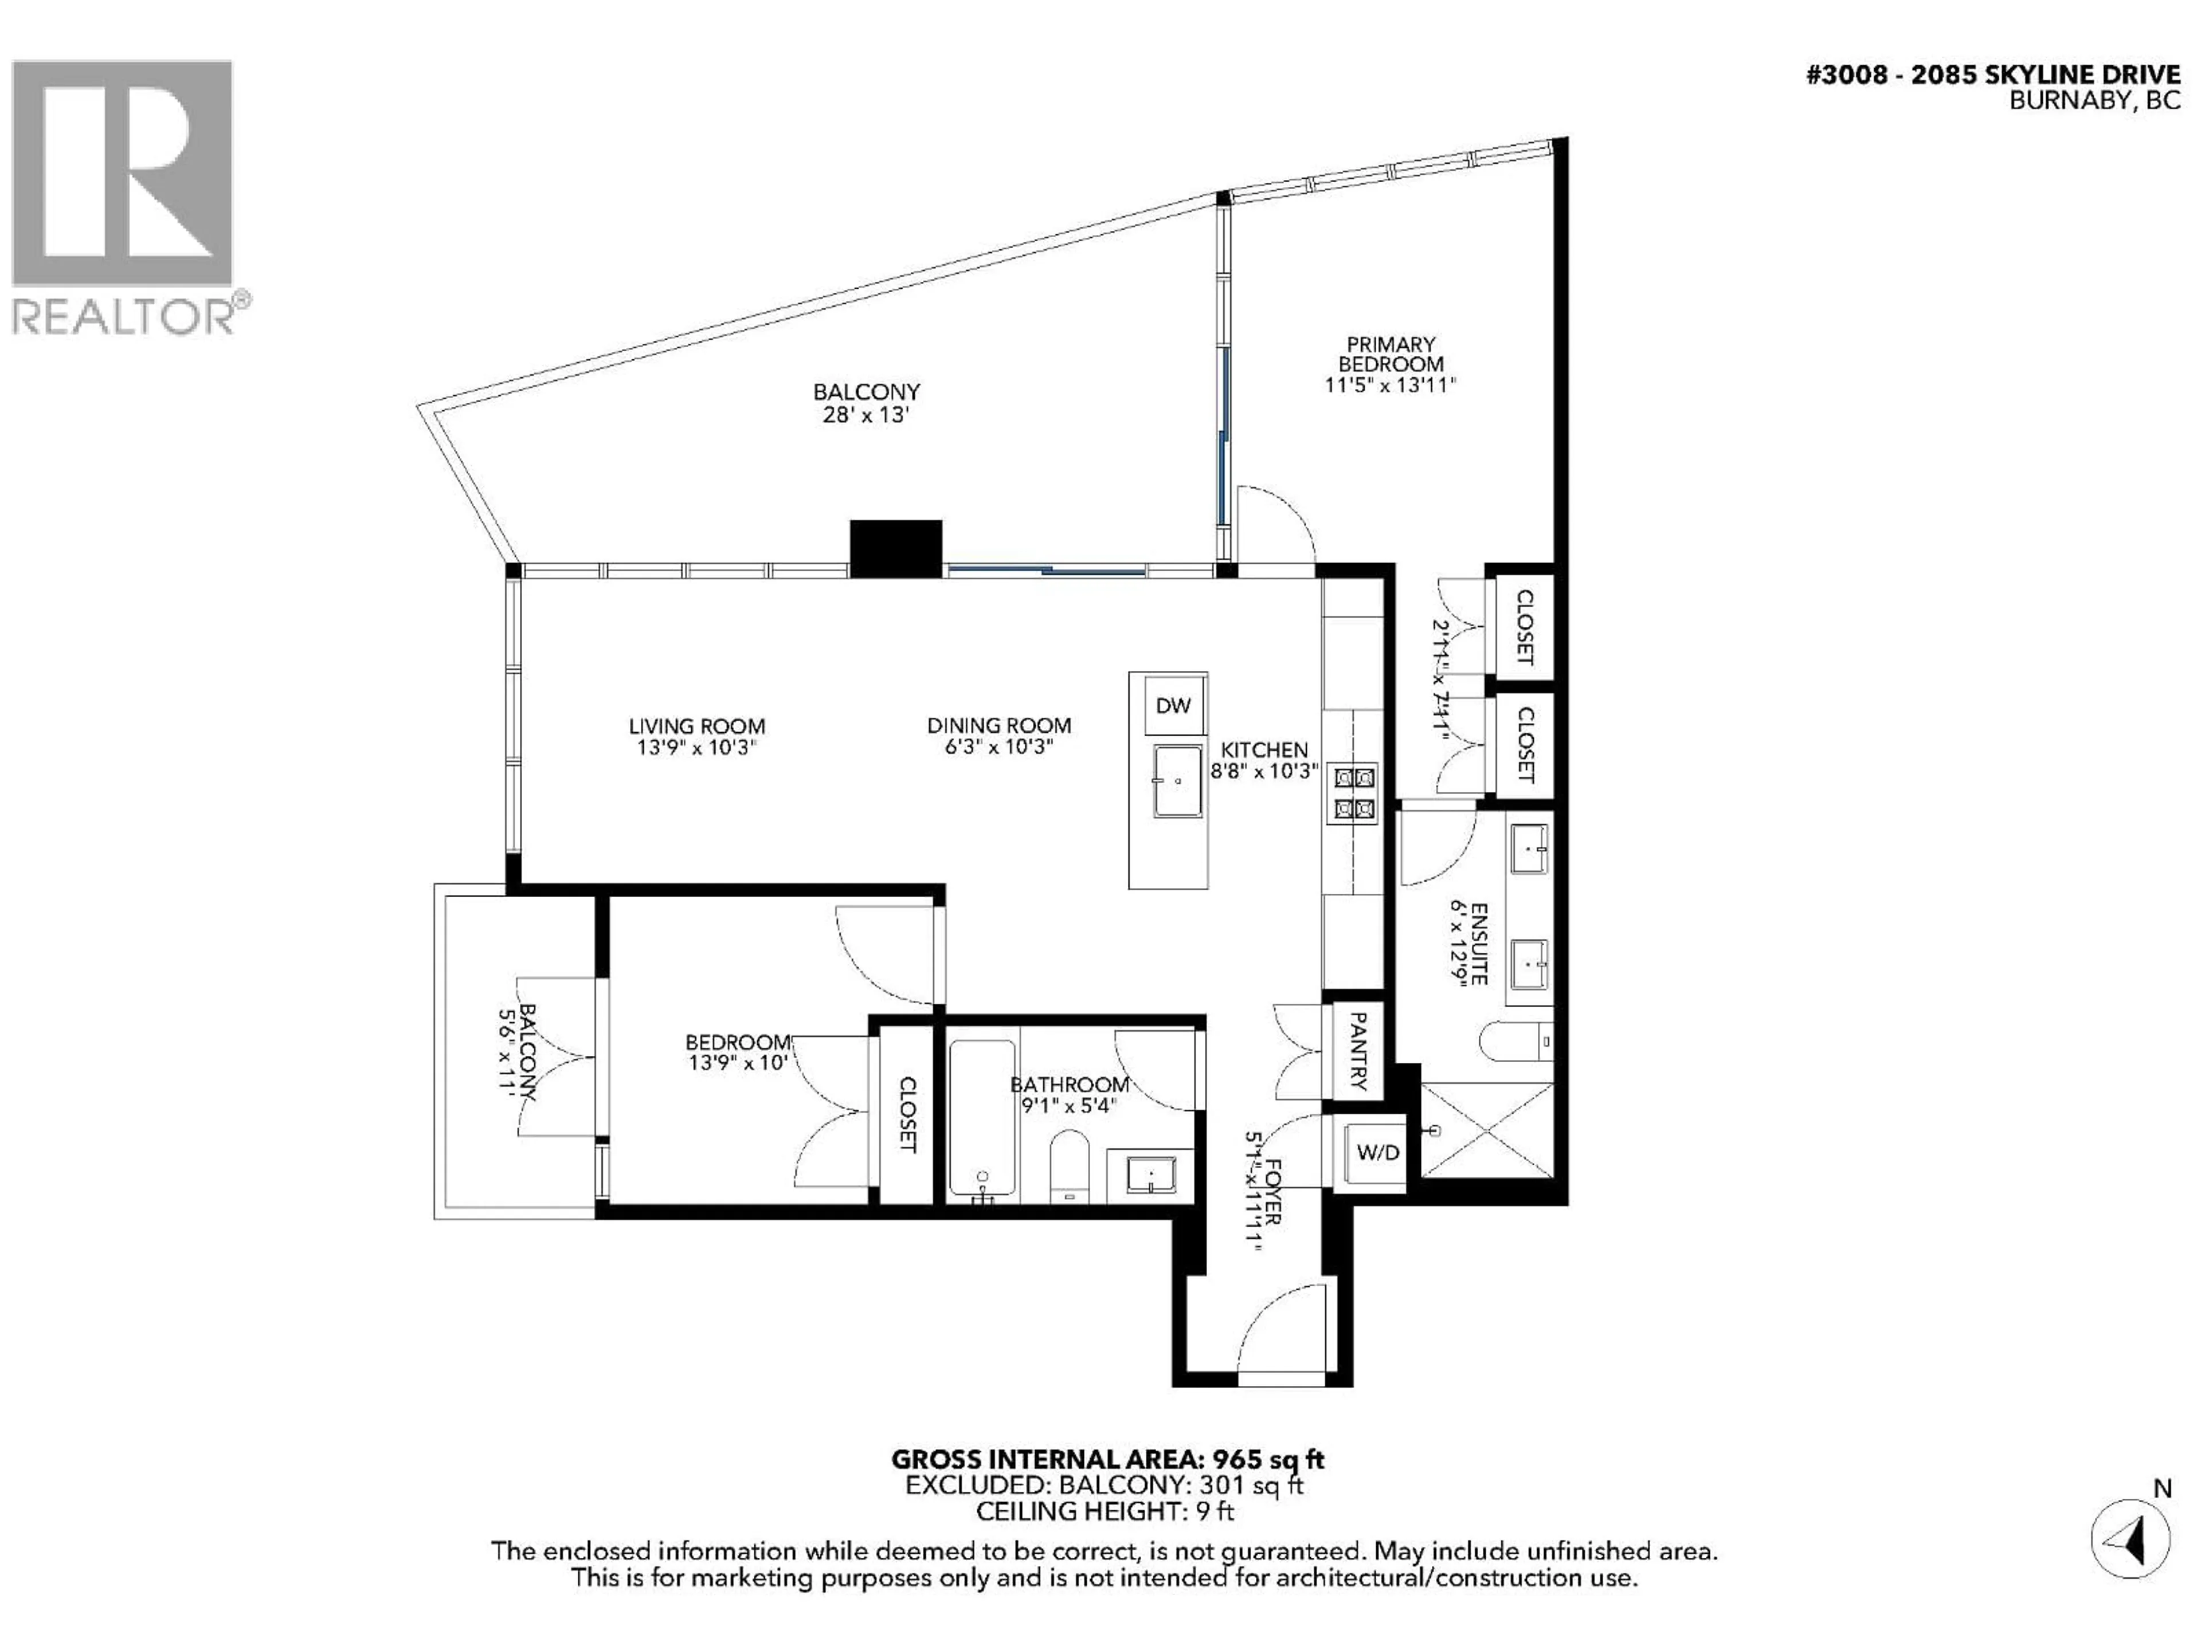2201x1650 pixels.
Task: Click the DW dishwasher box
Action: point(1174,705)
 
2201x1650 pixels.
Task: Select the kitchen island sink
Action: point(1177,781)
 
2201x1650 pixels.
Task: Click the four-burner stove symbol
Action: point(1353,793)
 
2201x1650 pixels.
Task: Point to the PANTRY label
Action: point(1357,1051)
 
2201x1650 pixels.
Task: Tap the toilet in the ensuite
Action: point(1513,1042)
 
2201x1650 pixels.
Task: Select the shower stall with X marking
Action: point(1486,1131)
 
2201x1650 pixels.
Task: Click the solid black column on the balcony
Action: point(895,548)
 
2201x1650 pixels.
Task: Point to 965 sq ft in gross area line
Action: point(1268,1460)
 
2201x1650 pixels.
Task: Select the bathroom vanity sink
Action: point(1150,1174)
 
